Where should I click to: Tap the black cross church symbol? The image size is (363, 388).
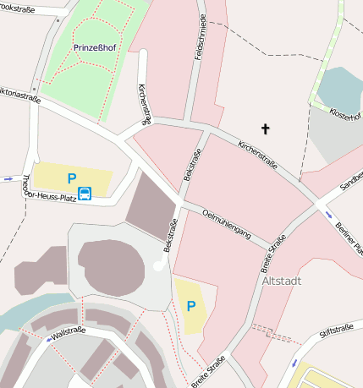tap(265, 129)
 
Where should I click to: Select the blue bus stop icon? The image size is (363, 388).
tap(85, 194)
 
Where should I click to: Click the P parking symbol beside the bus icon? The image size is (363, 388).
tap(72, 178)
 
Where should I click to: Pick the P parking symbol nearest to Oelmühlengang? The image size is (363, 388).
tap(191, 305)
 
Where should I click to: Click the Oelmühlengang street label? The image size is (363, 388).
tap(227, 226)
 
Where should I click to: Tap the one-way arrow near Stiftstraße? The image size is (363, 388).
tap(294, 362)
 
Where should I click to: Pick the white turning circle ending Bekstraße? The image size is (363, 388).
tap(159, 266)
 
